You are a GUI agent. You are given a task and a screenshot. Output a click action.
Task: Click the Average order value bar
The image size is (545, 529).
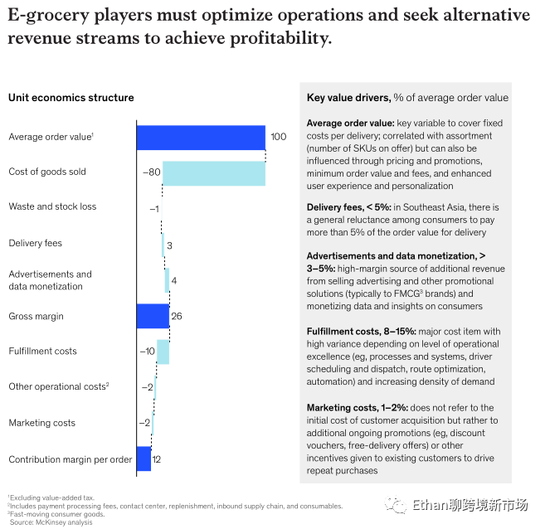[200, 137]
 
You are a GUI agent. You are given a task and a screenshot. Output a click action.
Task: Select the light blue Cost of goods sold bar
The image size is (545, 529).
[213, 173]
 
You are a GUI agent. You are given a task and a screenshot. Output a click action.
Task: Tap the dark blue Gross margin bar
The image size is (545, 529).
[153, 316]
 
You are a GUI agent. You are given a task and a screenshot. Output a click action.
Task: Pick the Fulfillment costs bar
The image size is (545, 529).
[163, 352]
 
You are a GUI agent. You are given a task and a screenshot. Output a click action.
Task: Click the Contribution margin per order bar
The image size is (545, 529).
[144, 459]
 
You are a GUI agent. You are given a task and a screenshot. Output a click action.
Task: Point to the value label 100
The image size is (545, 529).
[278, 137]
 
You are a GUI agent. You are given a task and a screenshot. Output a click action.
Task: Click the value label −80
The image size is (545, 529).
[150, 173]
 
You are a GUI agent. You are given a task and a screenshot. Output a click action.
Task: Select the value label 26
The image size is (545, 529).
[176, 316]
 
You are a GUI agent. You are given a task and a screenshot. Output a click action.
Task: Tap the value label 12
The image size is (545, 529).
[157, 459]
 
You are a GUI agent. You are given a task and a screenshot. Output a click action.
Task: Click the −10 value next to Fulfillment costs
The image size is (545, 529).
[147, 352]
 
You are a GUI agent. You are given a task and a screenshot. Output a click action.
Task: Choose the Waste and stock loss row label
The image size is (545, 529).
[52, 206]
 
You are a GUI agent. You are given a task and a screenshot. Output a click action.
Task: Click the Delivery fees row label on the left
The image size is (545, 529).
[35, 243]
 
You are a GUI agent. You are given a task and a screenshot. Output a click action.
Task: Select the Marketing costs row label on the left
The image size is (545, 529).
[41, 423]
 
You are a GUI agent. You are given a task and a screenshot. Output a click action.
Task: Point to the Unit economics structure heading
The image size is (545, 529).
[71, 98]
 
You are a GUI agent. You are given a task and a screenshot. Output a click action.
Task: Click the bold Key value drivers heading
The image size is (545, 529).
[348, 97]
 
